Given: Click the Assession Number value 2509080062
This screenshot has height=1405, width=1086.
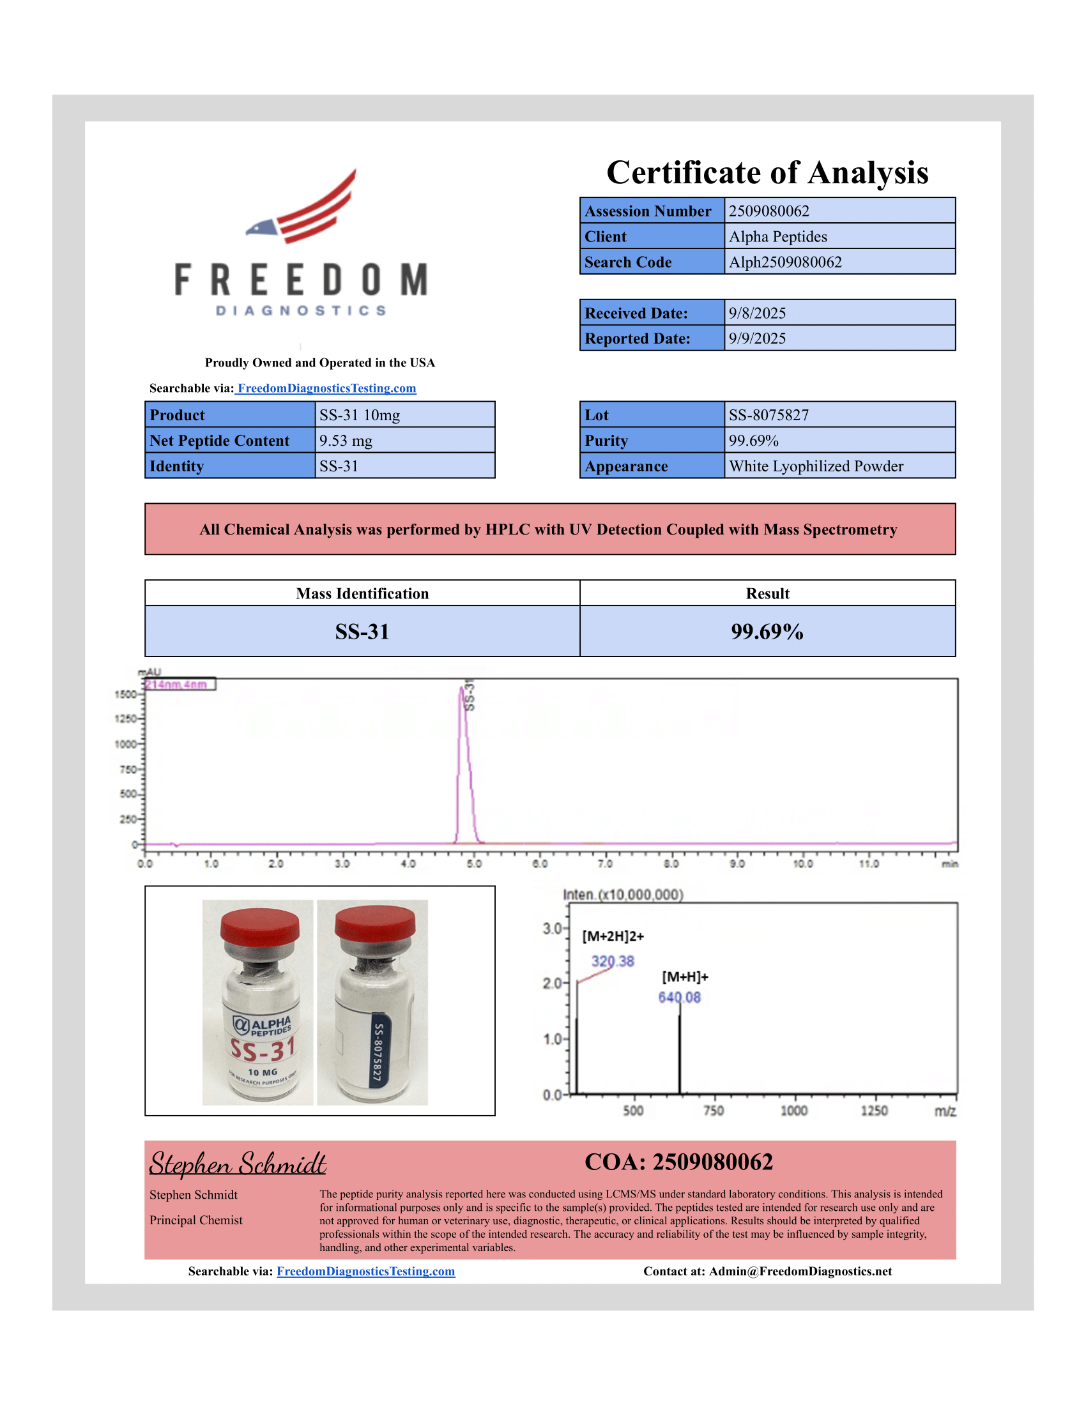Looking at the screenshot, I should (x=768, y=211).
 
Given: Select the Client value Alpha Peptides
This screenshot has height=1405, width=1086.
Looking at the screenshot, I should (x=777, y=237).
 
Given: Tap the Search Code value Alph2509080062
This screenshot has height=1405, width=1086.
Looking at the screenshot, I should (x=785, y=262).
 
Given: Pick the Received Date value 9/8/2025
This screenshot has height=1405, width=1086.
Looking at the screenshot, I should (x=756, y=314).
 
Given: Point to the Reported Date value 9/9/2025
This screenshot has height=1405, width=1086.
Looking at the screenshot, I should (x=756, y=338).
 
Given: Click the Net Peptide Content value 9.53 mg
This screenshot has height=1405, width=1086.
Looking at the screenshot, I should (x=346, y=441).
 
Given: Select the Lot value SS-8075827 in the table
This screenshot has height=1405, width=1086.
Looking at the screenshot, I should (x=768, y=415).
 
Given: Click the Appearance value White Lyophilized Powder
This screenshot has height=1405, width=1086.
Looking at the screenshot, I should (x=816, y=466).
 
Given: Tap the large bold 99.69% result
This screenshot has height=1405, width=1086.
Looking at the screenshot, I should (x=767, y=632).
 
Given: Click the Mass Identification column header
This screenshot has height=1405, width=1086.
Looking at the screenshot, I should (x=362, y=594).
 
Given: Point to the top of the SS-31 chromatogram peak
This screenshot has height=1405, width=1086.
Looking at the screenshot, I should (x=461, y=688).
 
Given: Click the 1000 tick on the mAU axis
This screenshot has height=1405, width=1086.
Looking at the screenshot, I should (x=126, y=744).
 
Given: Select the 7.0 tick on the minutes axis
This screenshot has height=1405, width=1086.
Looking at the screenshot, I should (x=605, y=863).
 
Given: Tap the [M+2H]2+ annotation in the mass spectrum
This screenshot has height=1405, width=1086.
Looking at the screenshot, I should (x=613, y=937).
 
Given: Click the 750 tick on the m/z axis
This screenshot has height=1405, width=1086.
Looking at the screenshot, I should (x=714, y=1111).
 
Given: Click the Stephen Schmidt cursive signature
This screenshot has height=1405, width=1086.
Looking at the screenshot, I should (x=238, y=1164).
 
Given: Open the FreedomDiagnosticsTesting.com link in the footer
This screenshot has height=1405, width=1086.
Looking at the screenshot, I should (x=365, y=1271).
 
